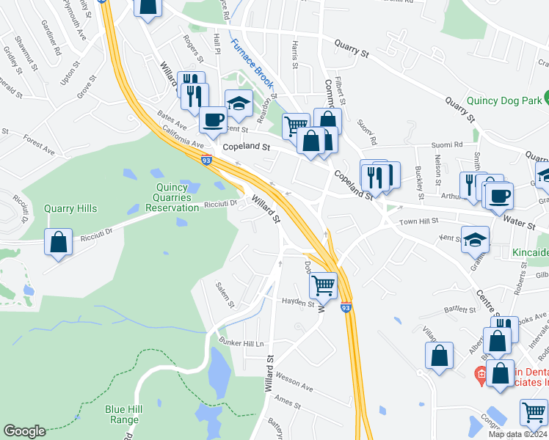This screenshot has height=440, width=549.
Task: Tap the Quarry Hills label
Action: coord(70,208)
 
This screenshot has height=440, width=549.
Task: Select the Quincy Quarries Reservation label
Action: coord(176,197)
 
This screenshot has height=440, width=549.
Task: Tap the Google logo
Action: coord(24,431)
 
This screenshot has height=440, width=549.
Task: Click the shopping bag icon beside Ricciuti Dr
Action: coord(58,241)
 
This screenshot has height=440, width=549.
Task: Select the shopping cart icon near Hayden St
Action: coord(323,285)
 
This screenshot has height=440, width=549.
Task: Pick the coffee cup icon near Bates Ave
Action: coord(213,119)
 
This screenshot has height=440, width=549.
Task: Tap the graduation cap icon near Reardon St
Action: coord(239,103)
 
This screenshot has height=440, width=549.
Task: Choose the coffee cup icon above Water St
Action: coord(499,195)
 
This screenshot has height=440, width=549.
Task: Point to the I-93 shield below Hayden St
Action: coord(346,309)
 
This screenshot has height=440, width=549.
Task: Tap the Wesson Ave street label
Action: coord(295,386)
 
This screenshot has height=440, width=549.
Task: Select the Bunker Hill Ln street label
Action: coord(240,342)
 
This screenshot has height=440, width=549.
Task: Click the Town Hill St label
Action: coord(418,221)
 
